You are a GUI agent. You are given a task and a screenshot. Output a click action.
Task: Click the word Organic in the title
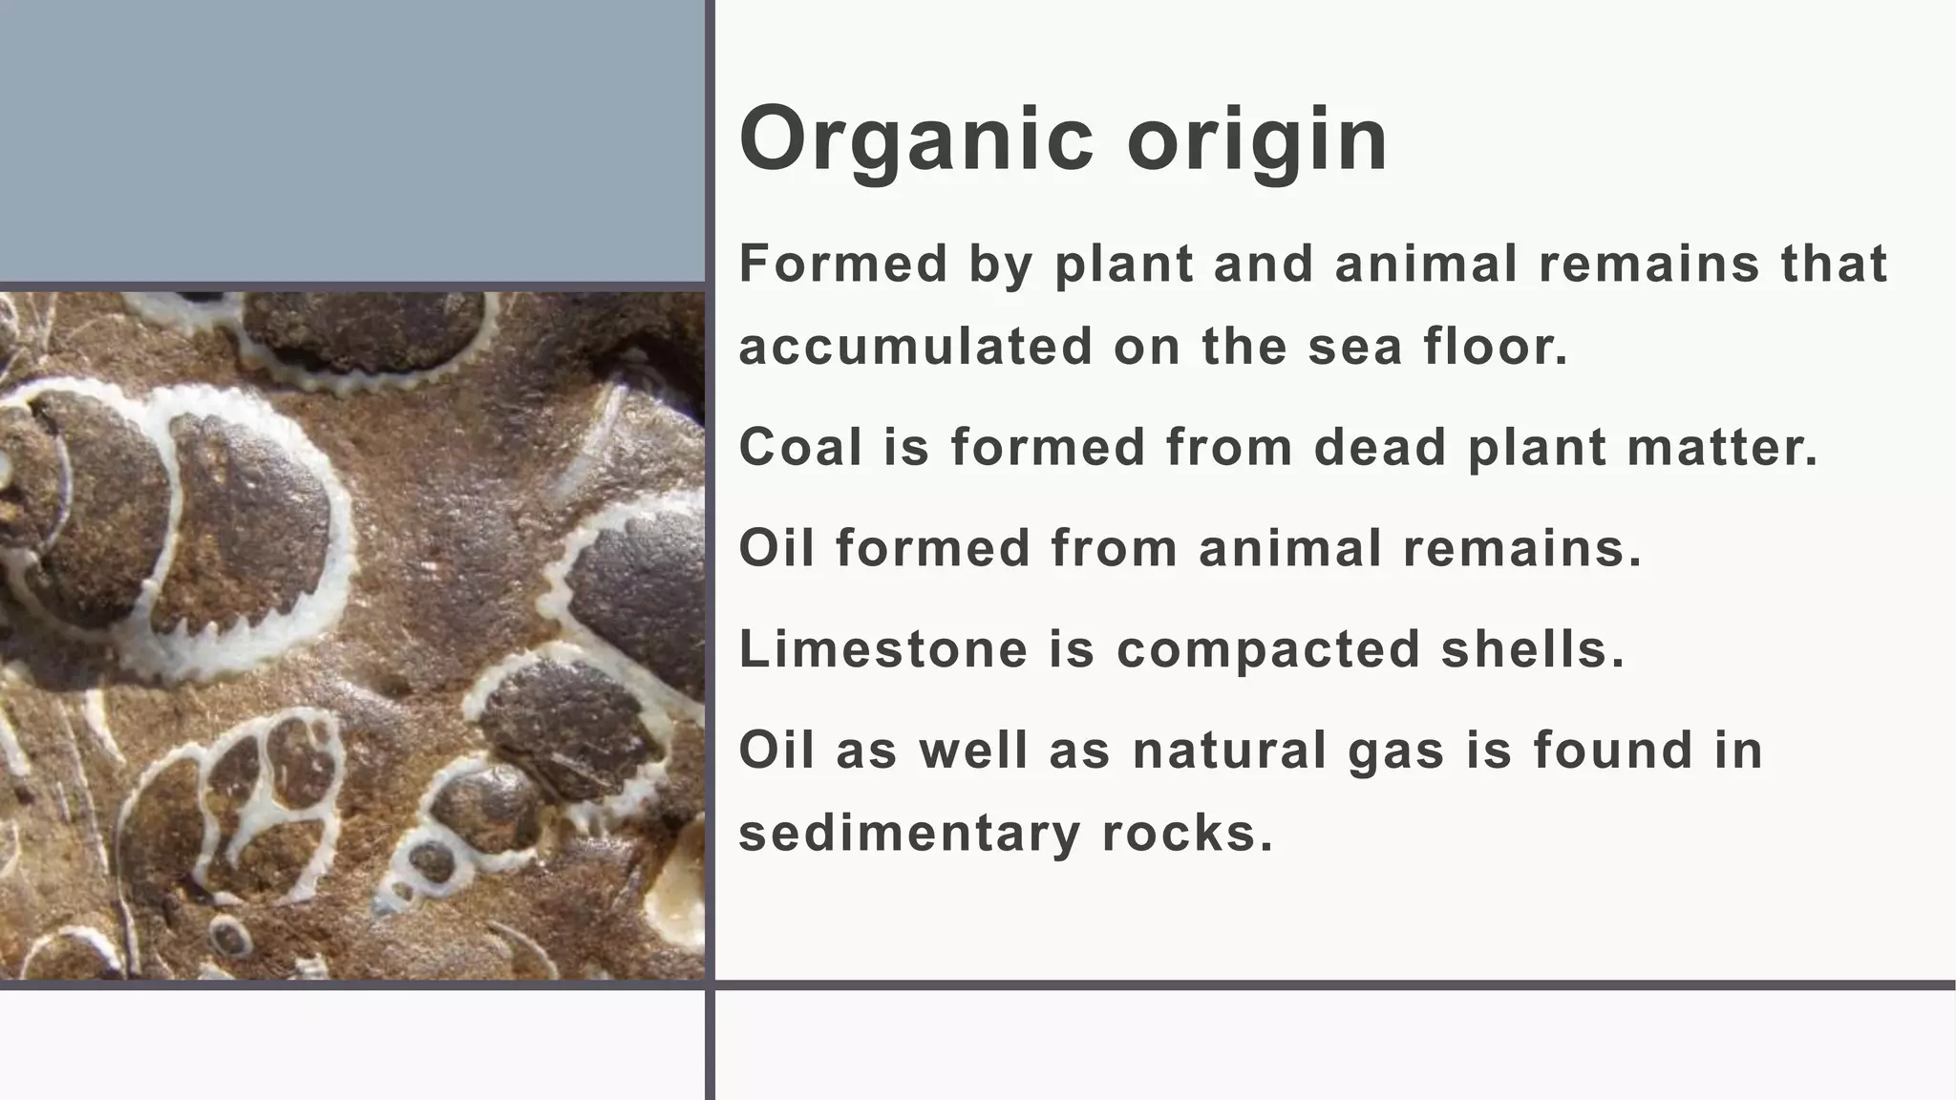[916, 139]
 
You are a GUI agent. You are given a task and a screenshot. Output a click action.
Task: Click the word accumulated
[915, 346]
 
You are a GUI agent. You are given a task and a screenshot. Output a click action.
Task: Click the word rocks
[1187, 833]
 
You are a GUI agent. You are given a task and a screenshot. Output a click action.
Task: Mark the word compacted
[1268, 651]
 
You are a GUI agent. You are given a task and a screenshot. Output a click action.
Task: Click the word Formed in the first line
[843, 264]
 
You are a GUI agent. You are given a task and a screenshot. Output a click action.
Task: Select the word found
[1613, 751]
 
